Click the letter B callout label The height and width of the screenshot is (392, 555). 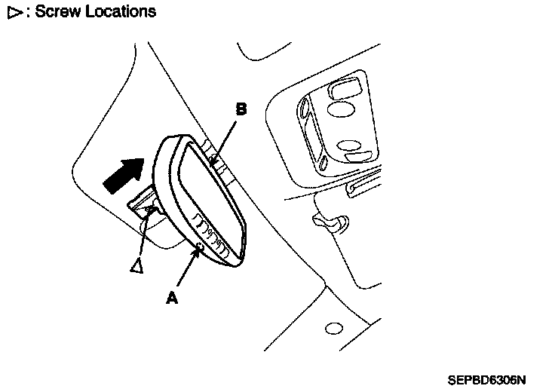[x=241, y=109]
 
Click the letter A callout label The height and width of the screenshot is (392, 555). [x=172, y=298]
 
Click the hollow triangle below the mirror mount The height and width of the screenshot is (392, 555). [x=136, y=266]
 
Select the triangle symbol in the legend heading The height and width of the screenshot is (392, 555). [x=12, y=12]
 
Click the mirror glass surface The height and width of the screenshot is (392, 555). [x=207, y=196]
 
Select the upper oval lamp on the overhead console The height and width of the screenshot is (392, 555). [x=342, y=110]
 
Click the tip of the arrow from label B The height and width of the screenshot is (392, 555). [x=214, y=161]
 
